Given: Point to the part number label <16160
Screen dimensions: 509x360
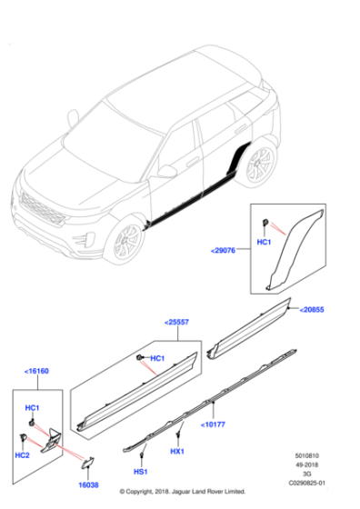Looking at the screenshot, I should pos(38,372).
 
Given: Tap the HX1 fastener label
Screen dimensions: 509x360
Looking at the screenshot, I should pos(176,451).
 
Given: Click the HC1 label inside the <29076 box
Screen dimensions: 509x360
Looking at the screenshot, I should pos(263,244).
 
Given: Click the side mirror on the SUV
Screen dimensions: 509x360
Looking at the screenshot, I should pos(166,171).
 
